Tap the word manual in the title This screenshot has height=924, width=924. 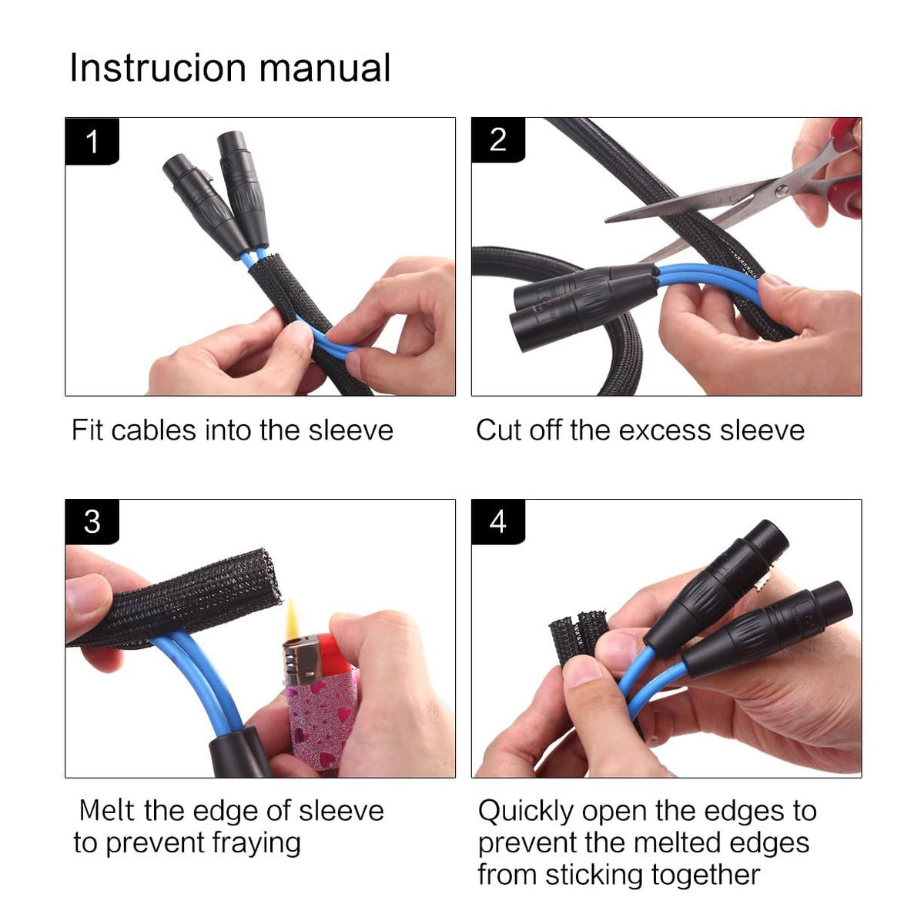point(325,68)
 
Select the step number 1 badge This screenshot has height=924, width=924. point(92,142)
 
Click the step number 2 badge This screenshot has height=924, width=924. point(498,140)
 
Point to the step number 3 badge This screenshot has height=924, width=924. point(92,522)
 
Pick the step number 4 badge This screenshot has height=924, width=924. point(498,522)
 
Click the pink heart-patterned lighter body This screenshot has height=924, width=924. point(320,720)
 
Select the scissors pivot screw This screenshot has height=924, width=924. point(781,191)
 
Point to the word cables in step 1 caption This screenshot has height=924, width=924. point(154,430)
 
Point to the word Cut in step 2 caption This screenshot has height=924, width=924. point(497,430)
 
